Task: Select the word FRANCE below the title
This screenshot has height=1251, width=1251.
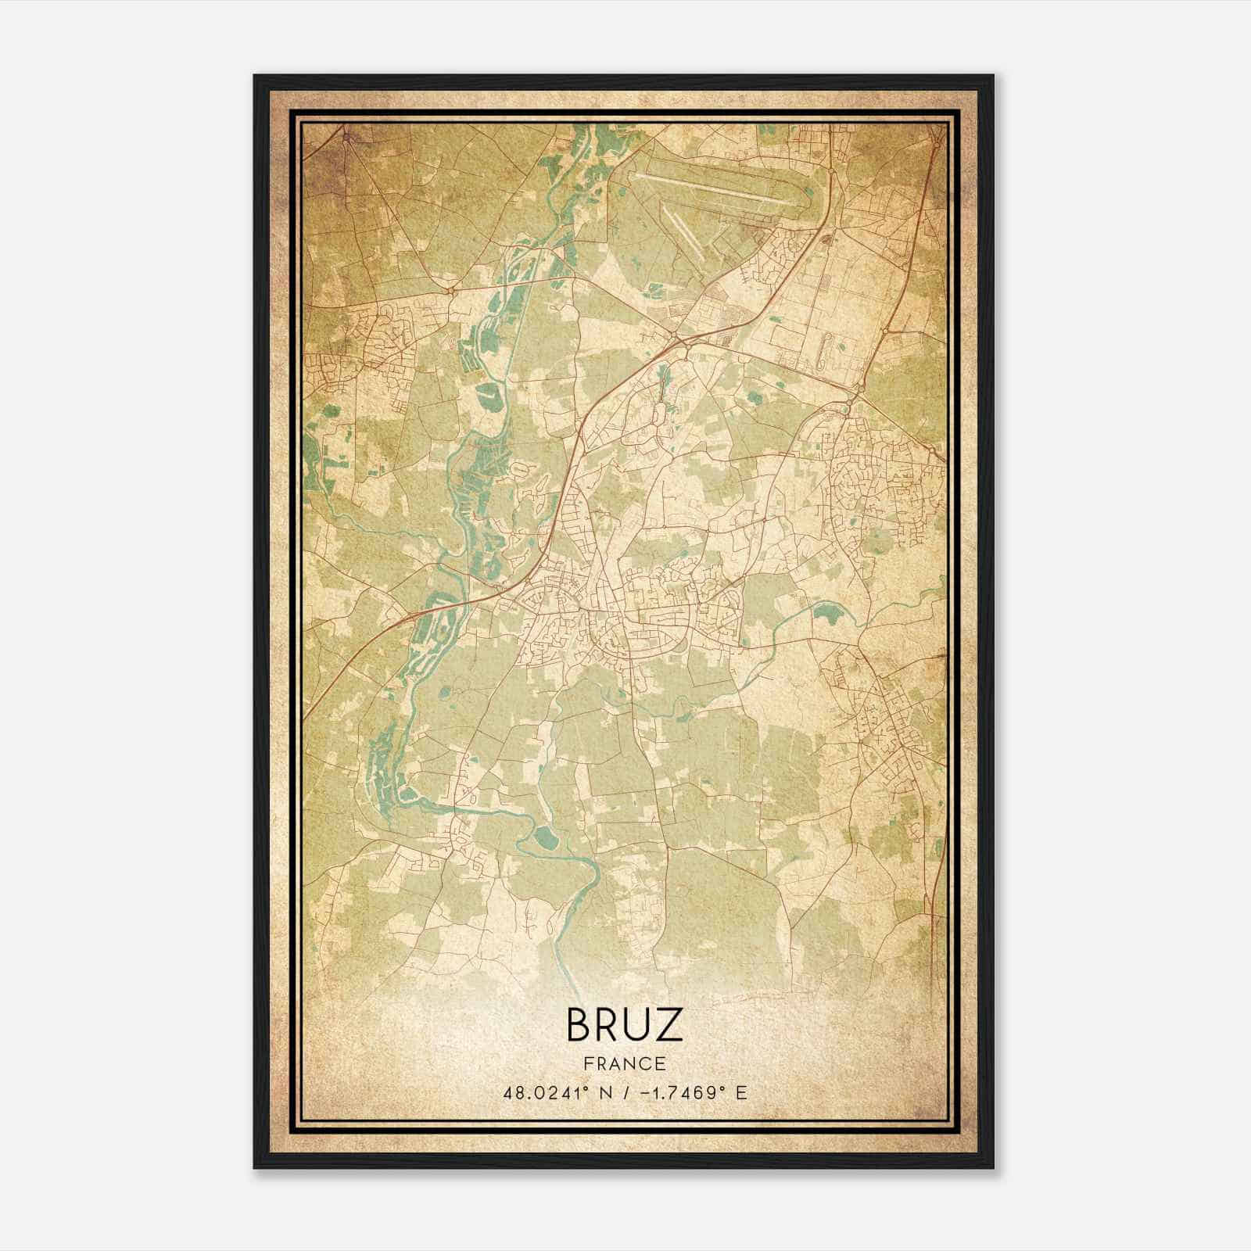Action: point(624,1063)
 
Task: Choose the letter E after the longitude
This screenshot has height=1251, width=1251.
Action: point(740,1092)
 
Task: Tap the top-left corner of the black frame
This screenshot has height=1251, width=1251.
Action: point(255,76)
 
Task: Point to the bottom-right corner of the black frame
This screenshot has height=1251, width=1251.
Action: point(993,1168)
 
